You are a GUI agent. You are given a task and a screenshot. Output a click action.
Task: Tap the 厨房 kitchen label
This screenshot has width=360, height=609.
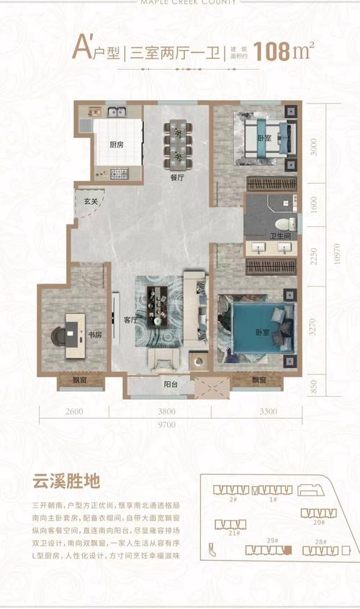tap(117, 144)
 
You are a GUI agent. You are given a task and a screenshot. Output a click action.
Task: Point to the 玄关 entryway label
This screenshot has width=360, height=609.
tap(90, 191)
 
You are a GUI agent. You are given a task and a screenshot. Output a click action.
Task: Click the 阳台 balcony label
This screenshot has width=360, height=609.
tap(170, 384)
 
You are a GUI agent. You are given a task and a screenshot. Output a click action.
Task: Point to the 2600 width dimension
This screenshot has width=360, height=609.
tap(73, 412)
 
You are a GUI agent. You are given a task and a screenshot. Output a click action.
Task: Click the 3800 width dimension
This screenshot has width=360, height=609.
tap(167, 412)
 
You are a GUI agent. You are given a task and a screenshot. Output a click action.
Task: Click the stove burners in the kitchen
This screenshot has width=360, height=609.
tap(119, 173)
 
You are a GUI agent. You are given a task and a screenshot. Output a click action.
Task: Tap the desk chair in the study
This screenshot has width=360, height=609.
tap(58, 334)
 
